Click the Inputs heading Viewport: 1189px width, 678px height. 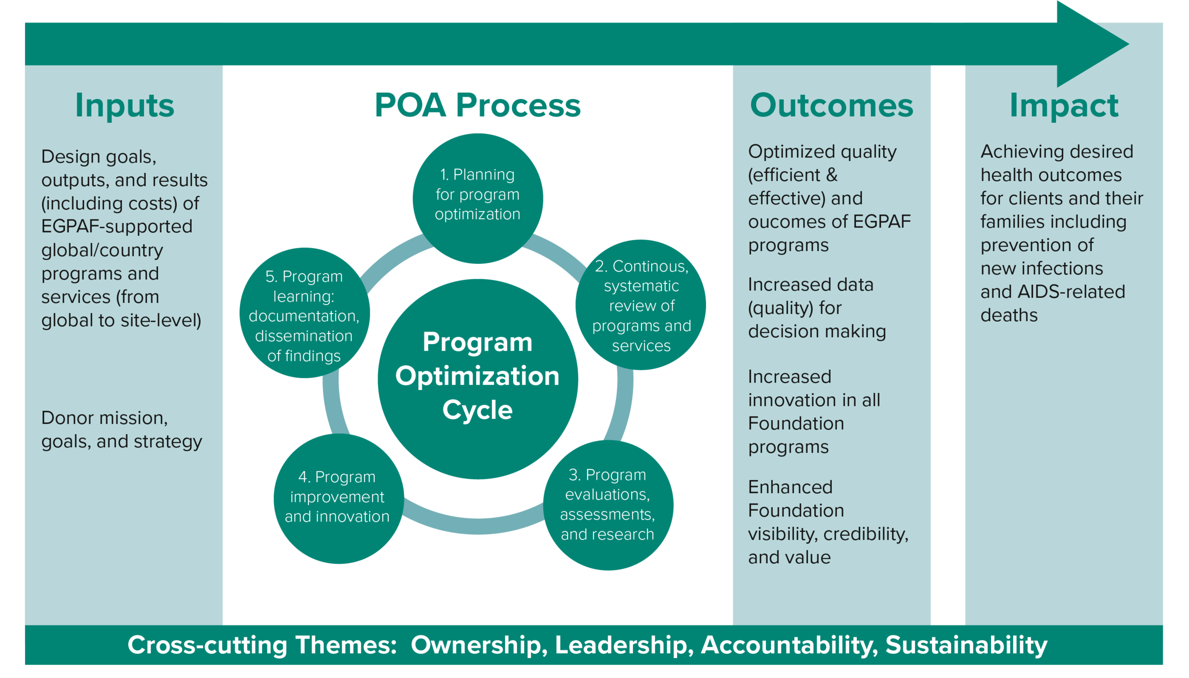click(124, 105)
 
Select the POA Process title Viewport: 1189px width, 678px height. click(477, 105)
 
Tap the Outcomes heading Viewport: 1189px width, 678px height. click(831, 105)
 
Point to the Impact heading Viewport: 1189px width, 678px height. click(1064, 105)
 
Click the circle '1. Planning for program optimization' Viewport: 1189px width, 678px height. click(477, 198)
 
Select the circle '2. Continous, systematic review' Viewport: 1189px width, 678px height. click(641, 305)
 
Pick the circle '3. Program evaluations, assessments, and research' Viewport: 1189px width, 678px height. click(608, 505)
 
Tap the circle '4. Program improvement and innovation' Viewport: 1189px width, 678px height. click(338, 498)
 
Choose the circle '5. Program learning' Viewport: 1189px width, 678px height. click(304, 313)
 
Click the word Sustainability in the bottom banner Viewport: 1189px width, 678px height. click(966, 645)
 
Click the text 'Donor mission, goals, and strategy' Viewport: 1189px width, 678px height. click(122, 430)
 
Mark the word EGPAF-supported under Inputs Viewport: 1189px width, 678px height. click(117, 227)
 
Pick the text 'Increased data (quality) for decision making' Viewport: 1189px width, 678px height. click(817, 308)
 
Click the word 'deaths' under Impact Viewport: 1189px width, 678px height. click(1009, 316)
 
